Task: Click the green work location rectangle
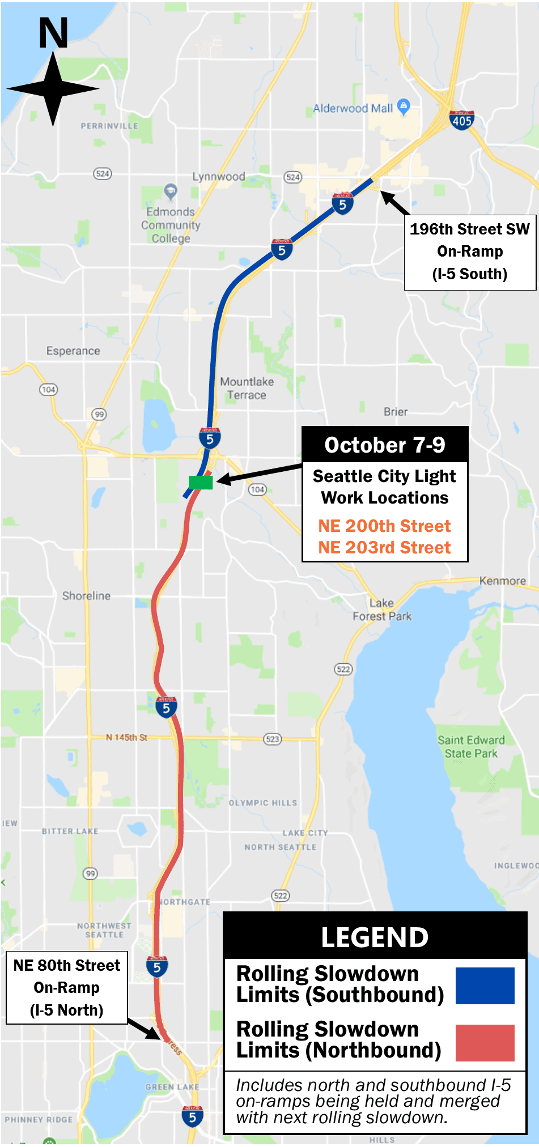pos(201,482)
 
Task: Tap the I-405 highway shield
pos(461,120)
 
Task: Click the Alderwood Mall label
pos(353,108)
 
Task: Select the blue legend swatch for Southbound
pos(485,986)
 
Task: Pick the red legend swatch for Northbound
pos(485,1042)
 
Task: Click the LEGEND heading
pos(375,937)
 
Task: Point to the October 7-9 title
pos(385,445)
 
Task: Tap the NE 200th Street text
pos(384,526)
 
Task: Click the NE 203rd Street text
pos(384,547)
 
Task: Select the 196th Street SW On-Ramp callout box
pos(470,252)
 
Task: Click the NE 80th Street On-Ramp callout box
pos(67,987)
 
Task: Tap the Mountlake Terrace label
pos(247,389)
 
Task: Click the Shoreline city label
pos(86,596)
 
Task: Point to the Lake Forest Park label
pos(382,609)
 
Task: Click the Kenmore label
pos(502,581)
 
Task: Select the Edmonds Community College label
pos(171,225)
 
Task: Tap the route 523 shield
pos(273,739)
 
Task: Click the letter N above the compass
pos(53,33)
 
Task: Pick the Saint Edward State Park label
pos(471,747)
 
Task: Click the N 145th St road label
pos(126,737)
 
